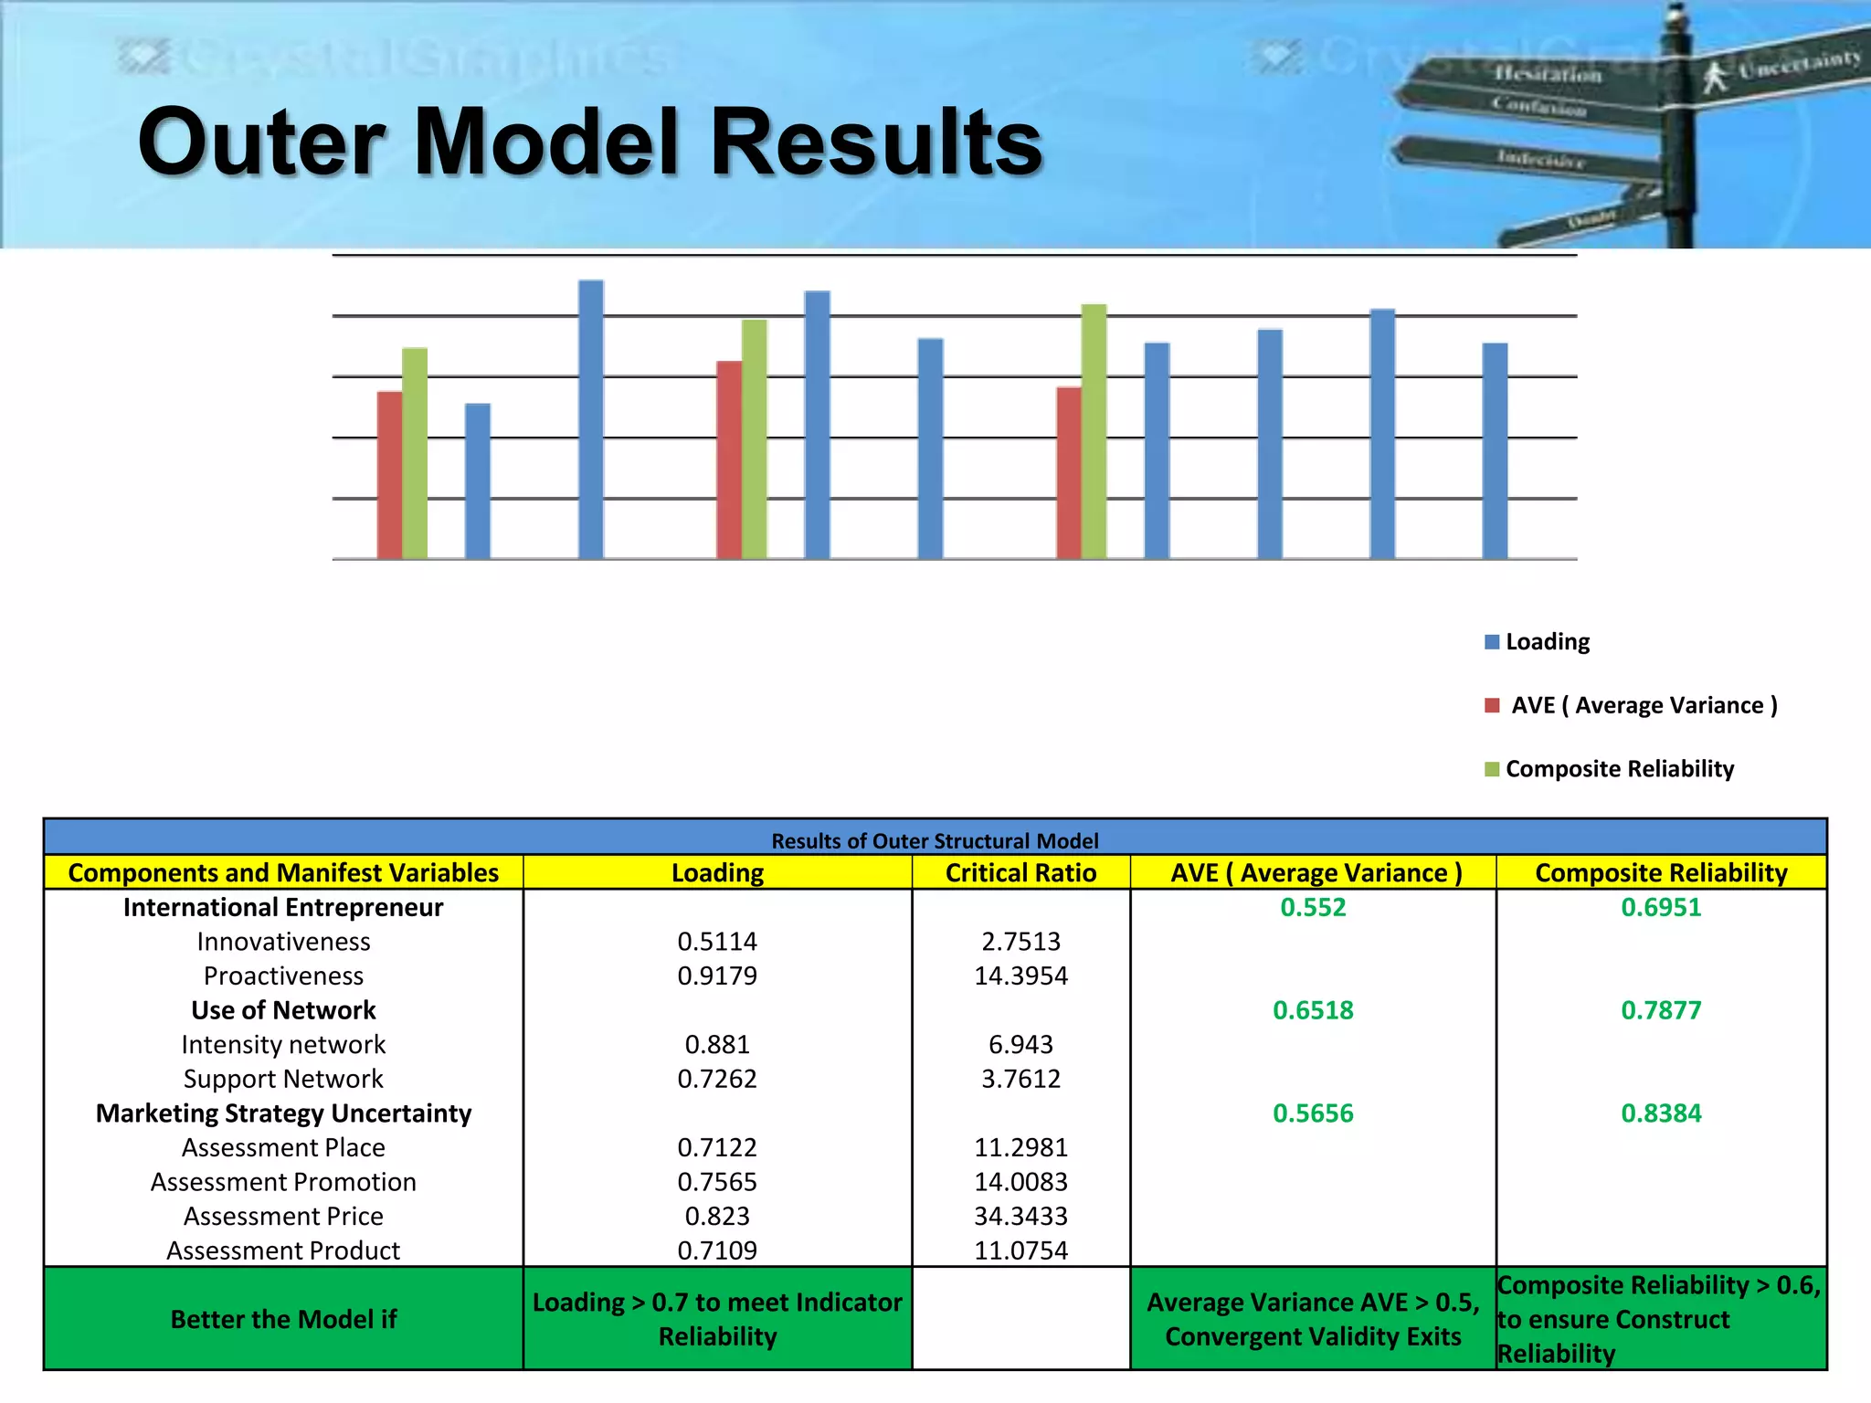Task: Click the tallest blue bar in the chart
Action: pos(591,420)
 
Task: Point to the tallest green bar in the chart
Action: pos(1094,431)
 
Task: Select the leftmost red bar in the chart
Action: pos(389,475)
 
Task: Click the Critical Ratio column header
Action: pos(1020,873)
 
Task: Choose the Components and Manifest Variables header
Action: pos(283,873)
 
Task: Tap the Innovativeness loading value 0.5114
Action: pos(717,942)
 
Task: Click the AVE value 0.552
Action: pos(1313,907)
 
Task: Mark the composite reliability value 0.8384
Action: pos(1661,1113)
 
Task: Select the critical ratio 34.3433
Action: pos(1020,1217)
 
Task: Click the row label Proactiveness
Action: pos(283,976)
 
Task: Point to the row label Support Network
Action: pos(283,1079)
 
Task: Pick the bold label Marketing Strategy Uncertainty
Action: pos(283,1113)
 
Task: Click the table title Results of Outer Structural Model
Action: pos(935,840)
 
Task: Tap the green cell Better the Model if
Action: pos(283,1319)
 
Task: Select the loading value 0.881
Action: pos(717,1045)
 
